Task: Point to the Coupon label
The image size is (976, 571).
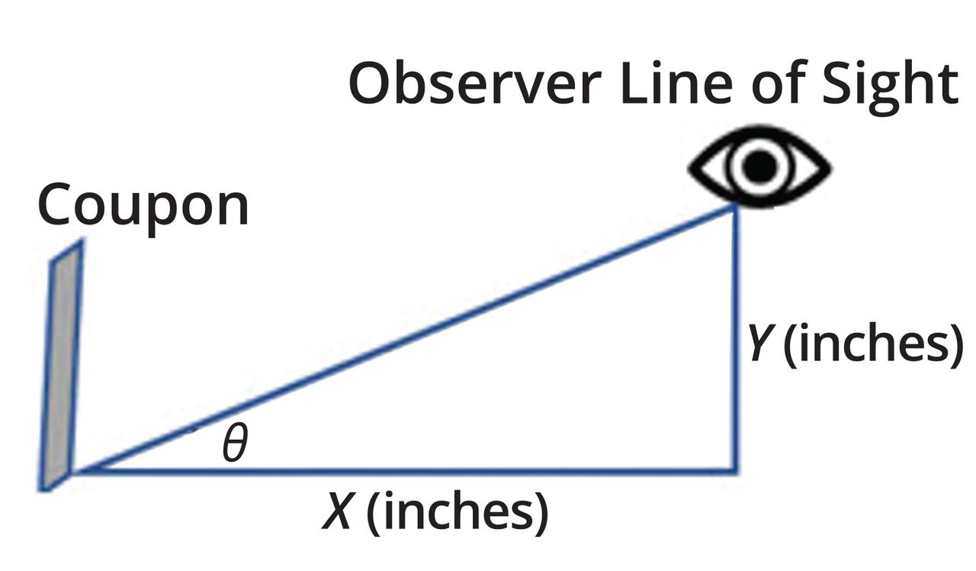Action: click(x=143, y=206)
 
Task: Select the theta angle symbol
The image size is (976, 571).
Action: click(x=235, y=445)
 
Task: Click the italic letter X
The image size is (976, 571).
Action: click(x=338, y=513)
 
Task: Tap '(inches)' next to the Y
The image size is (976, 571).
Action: click(x=873, y=345)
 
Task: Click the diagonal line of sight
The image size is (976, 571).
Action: click(x=404, y=339)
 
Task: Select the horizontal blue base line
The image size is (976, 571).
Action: click(x=404, y=471)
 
